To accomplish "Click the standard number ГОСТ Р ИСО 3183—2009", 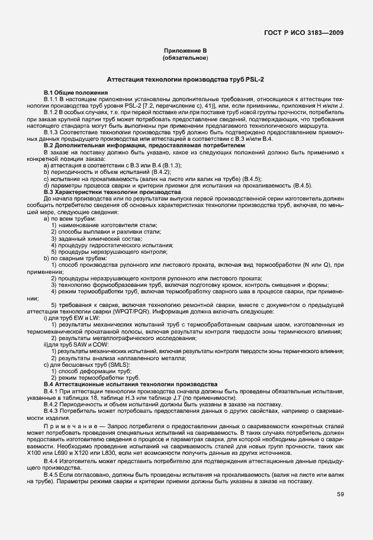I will (304, 33).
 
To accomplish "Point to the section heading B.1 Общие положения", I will (75, 93).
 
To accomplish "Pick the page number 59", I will (339, 494).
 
